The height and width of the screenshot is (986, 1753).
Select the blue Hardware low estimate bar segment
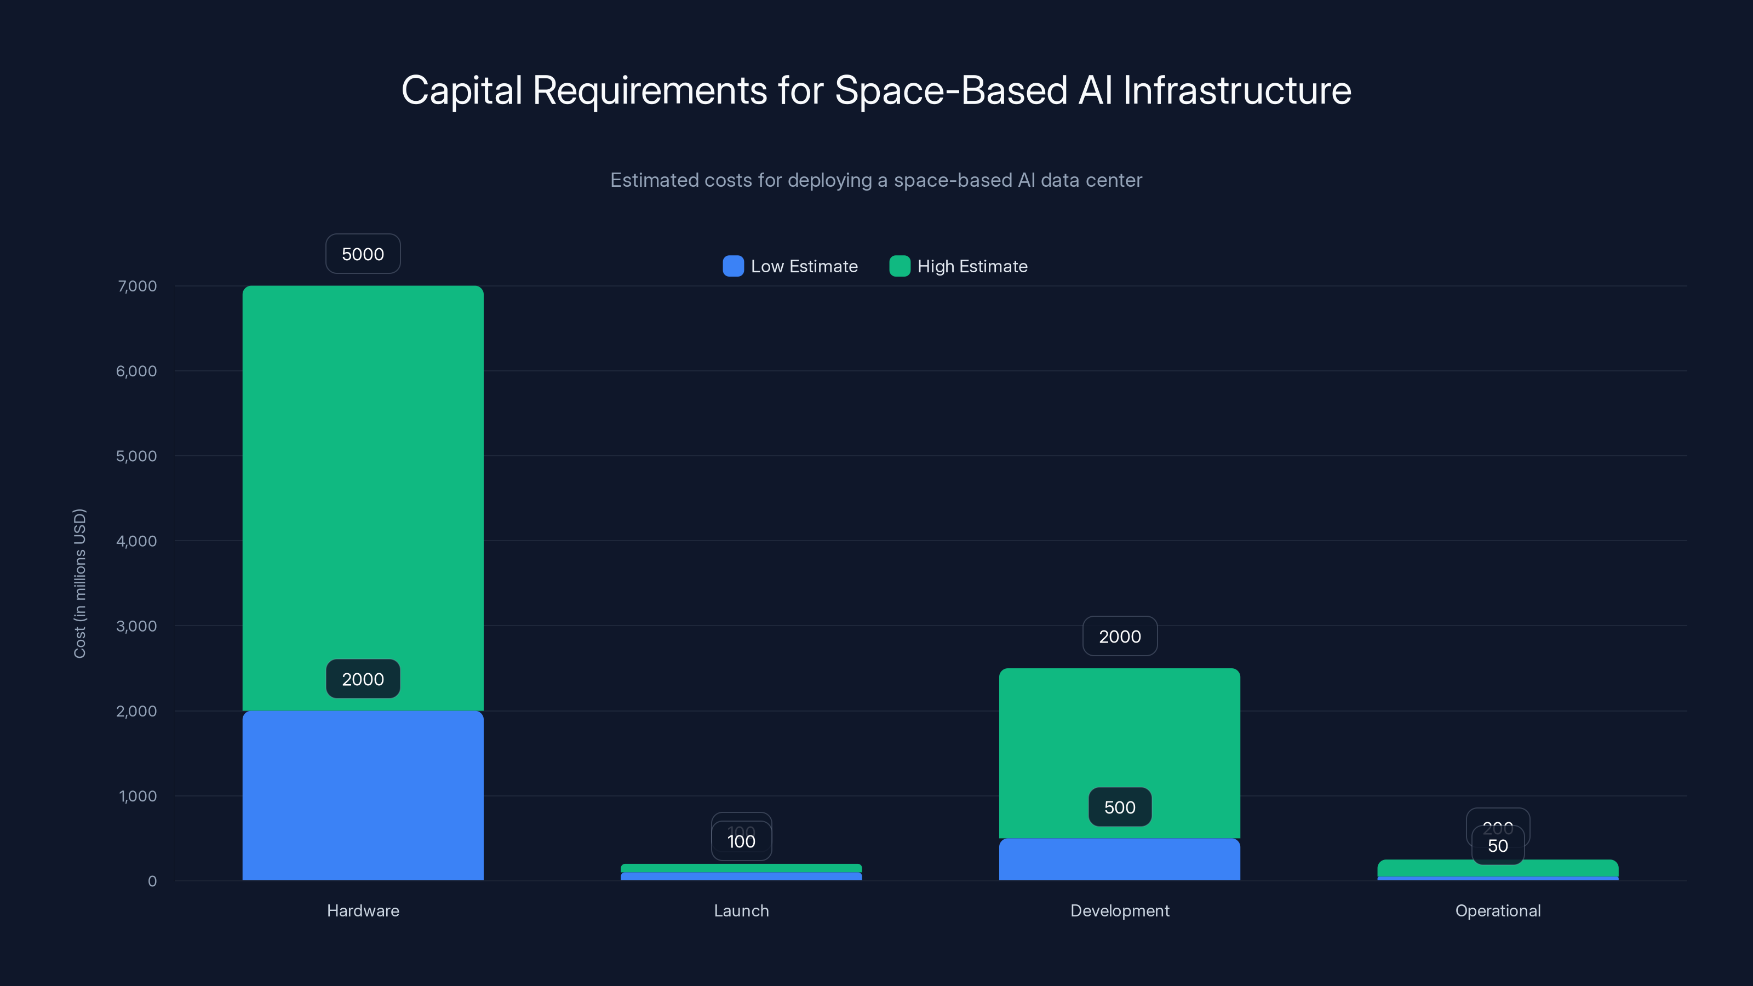point(363,796)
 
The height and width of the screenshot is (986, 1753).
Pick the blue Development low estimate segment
point(1119,861)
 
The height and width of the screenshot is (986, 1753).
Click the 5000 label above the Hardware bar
point(363,254)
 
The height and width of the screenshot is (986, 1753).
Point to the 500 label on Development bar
point(1119,807)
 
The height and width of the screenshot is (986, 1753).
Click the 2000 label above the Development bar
point(1119,636)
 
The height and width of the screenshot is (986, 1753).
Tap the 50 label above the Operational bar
point(1497,846)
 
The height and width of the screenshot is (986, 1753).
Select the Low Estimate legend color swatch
point(733,266)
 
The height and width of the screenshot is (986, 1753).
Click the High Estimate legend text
point(972,266)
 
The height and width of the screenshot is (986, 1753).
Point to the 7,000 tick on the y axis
point(137,286)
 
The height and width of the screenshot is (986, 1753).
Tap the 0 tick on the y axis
point(152,881)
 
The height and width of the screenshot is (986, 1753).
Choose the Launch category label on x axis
point(741,910)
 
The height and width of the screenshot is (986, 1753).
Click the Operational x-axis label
point(1497,910)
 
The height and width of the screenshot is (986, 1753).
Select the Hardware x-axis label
point(363,910)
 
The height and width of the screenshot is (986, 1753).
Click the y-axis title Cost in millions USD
point(79,583)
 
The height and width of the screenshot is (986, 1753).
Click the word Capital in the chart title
point(461,90)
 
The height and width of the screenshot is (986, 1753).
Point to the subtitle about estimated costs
point(876,180)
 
